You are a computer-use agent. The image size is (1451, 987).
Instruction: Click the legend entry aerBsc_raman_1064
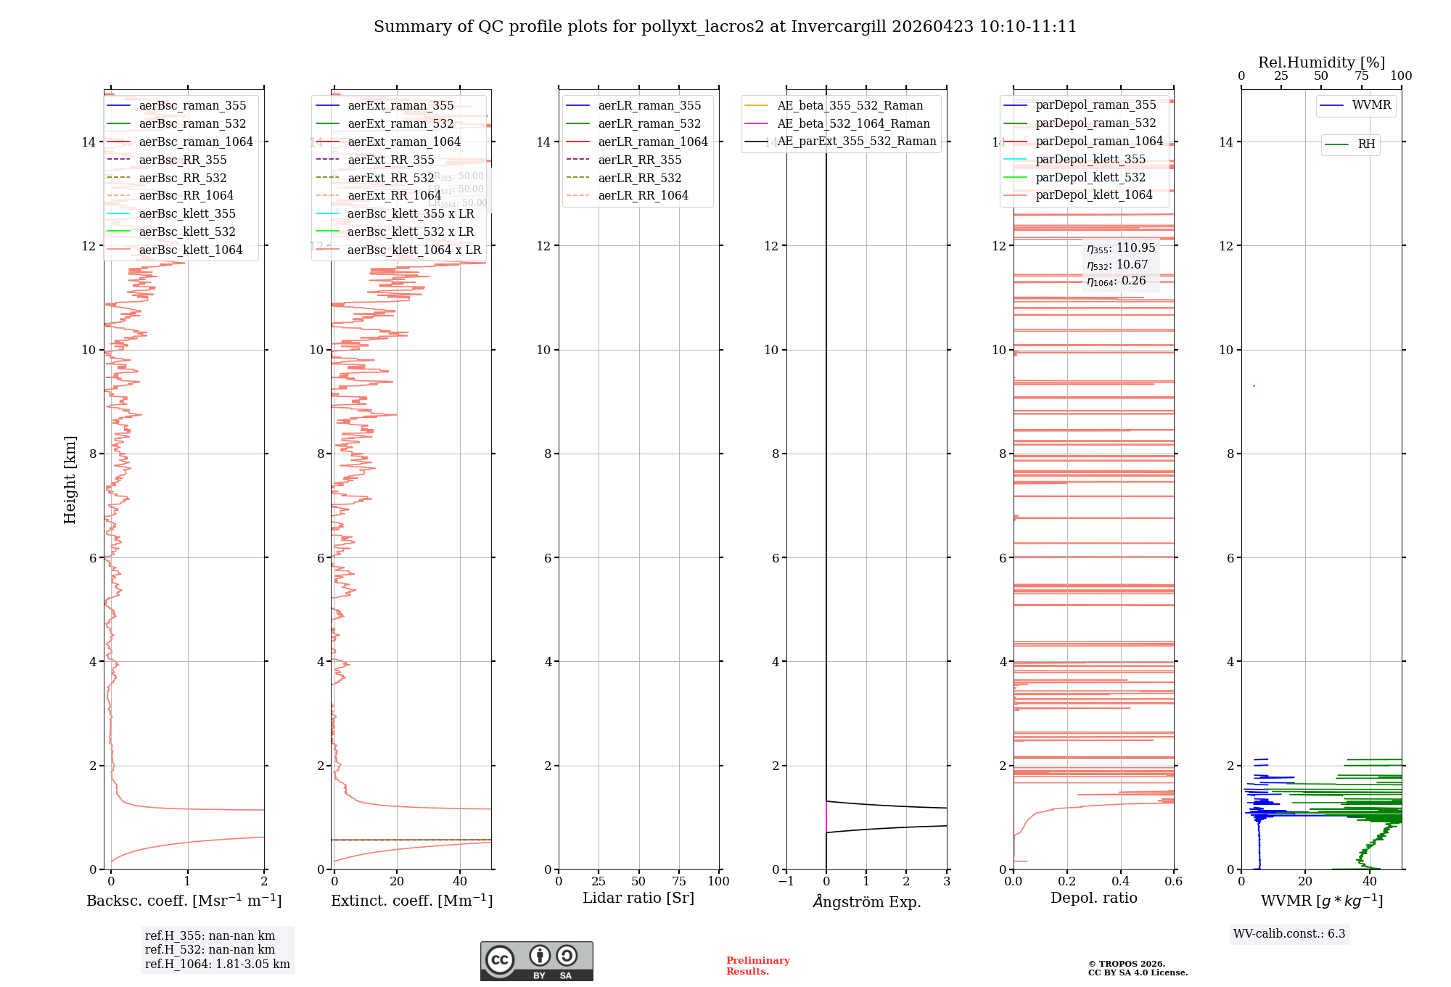pyautogui.click(x=196, y=142)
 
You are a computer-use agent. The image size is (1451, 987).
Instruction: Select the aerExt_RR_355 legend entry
pyautogui.click(x=391, y=160)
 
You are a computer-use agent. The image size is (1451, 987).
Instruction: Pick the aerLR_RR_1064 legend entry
pyautogui.click(x=643, y=195)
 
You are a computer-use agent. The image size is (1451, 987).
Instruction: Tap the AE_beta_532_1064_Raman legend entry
pyautogui.click(x=853, y=123)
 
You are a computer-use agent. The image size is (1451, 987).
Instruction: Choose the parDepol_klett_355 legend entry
pyautogui.click(x=1090, y=159)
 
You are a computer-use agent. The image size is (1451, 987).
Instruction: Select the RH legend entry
pyautogui.click(x=1366, y=144)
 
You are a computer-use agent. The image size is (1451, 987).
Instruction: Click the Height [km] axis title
pyautogui.click(x=70, y=480)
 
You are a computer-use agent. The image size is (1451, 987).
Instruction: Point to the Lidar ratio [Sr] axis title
pyautogui.click(x=638, y=898)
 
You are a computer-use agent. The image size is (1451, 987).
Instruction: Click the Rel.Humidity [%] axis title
pyautogui.click(x=1321, y=62)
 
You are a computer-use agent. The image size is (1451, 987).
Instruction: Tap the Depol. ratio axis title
pyautogui.click(x=1093, y=898)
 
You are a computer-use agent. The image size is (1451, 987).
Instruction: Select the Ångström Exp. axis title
pyautogui.click(x=867, y=901)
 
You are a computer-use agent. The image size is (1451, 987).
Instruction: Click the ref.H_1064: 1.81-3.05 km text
pyautogui.click(x=218, y=964)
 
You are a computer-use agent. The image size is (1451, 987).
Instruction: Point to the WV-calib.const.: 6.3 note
pyautogui.click(x=1289, y=933)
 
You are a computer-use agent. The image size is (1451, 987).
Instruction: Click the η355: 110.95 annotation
pyautogui.click(x=1121, y=248)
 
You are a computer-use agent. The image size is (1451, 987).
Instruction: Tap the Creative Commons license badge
pyautogui.click(x=536, y=961)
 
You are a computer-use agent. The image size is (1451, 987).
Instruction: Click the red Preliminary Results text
pyautogui.click(x=757, y=966)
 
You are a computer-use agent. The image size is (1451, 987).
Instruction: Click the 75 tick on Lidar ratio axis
pyautogui.click(x=679, y=881)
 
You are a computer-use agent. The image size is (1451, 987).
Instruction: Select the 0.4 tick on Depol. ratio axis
pyautogui.click(x=1120, y=881)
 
